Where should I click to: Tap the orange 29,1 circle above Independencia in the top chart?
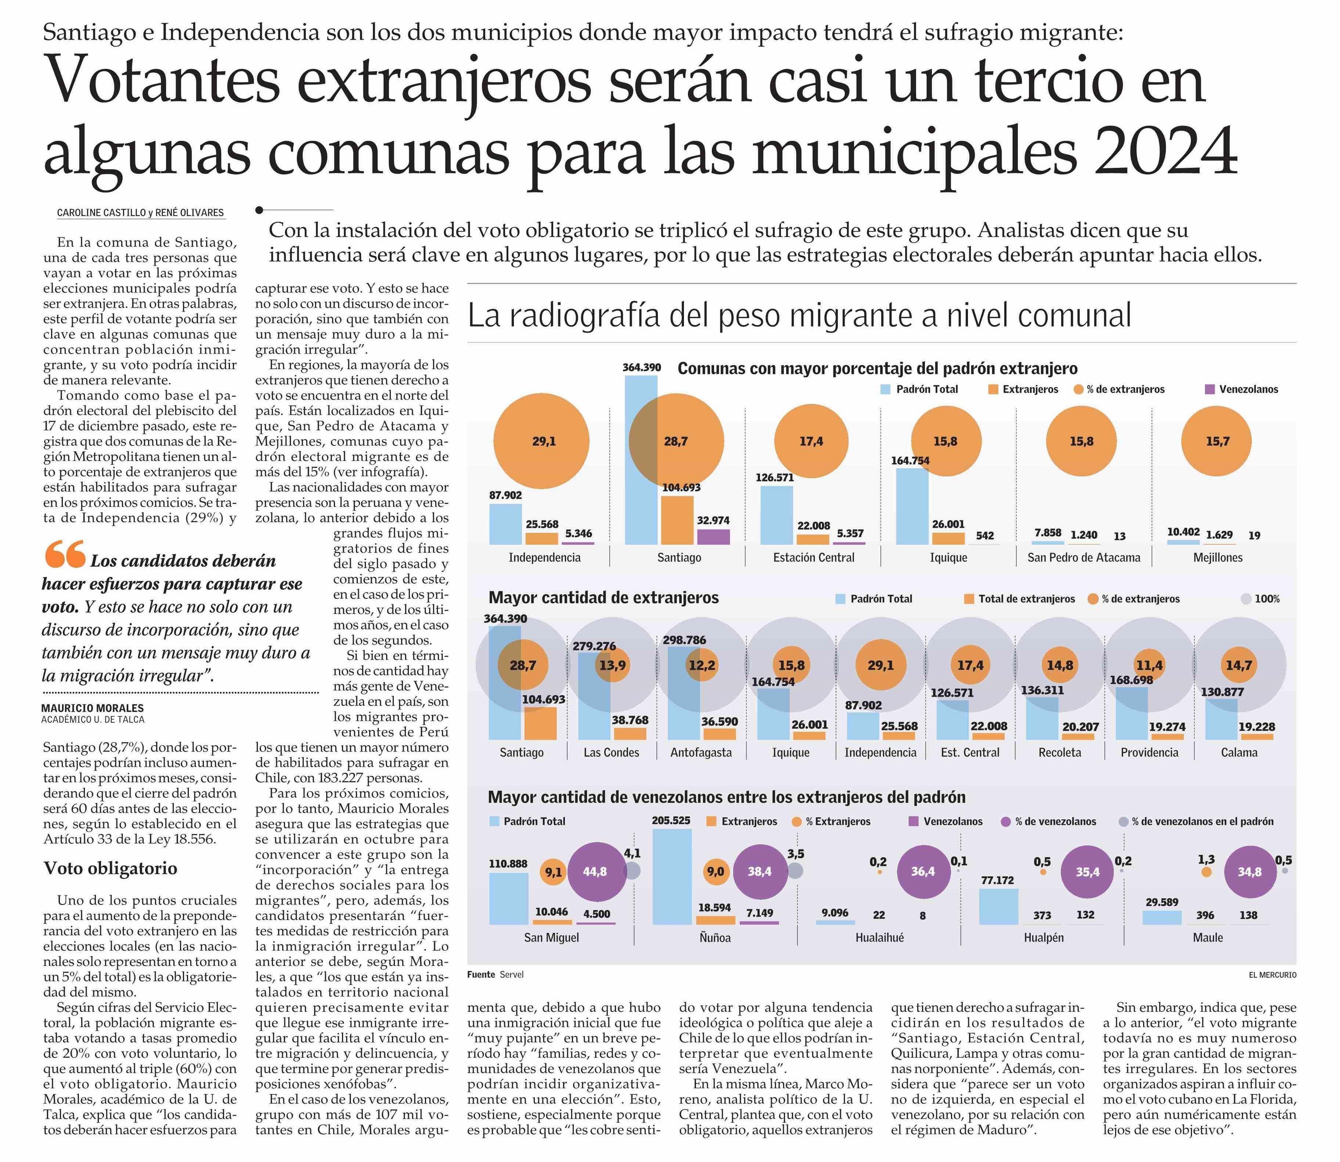[x=541, y=441]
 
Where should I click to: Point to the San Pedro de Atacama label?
[x=1083, y=557]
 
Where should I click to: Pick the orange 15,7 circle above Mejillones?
[x=1217, y=441]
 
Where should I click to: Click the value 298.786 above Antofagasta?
[x=684, y=640]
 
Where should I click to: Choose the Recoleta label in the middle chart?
[x=1060, y=753]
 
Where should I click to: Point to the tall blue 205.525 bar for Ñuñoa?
[x=672, y=877]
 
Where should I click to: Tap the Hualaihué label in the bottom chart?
[x=879, y=938]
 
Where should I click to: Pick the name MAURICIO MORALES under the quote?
[x=93, y=708]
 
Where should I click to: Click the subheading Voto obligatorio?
[x=110, y=868]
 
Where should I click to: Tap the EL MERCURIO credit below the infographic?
[x=1272, y=975]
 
